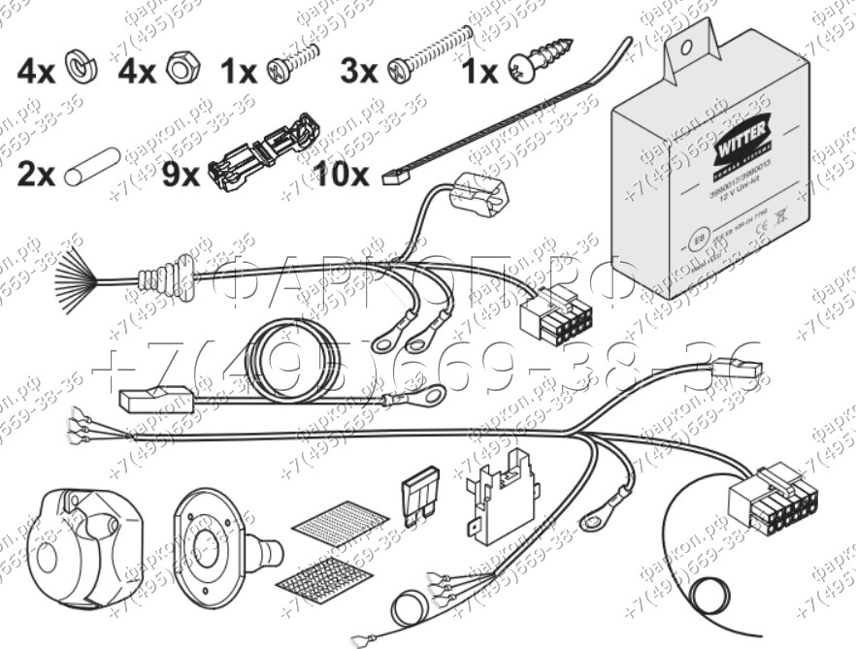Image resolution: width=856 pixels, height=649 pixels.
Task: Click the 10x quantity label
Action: click(x=343, y=174)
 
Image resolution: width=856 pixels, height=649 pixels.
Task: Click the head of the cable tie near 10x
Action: click(x=395, y=178)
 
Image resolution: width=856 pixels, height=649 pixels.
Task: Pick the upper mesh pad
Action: click(x=340, y=525)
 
